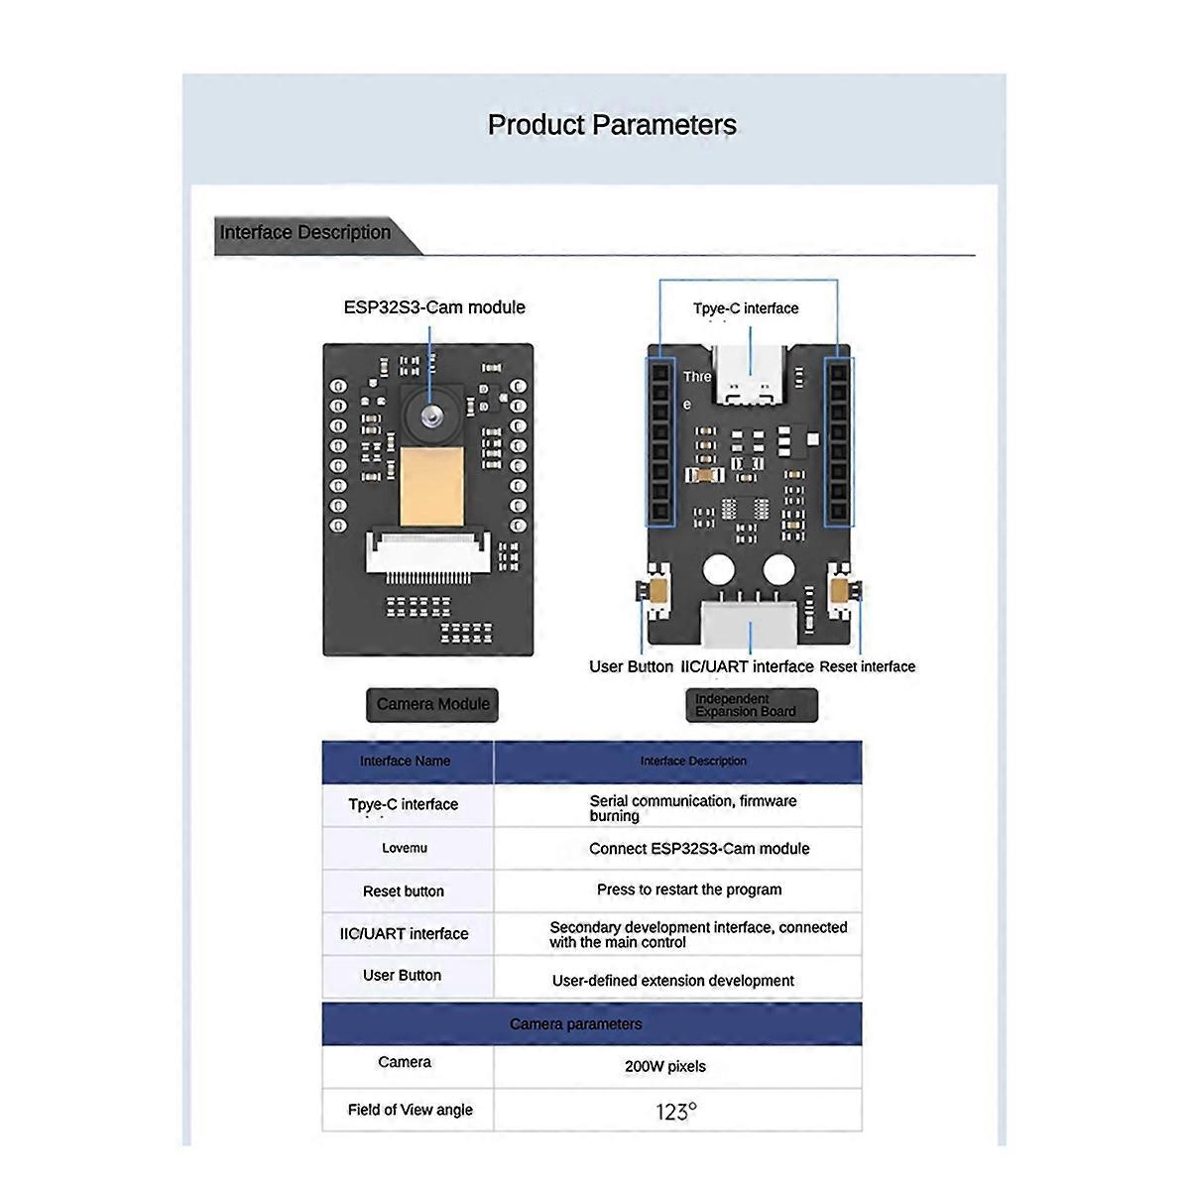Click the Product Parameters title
[x=612, y=125]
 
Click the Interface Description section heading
[x=305, y=233]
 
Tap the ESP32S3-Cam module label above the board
[x=434, y=307]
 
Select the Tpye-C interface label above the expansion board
[x=746, y=308]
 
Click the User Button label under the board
[x=631, y=666]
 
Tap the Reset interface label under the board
[x=868, y=666]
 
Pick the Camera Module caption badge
[x=433, y=704]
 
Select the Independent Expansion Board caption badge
[x=752, y=705]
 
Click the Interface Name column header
[x=405, y=762]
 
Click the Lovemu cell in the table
[x=405, y=849]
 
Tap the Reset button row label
[x=404, y=892]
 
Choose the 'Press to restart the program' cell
[x=689, y=890]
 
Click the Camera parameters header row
[x=576, y=1024]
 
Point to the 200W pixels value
[x=665, y=1067]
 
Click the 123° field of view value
[x=676, y=1112]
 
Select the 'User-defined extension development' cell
[x=673, y=981]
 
